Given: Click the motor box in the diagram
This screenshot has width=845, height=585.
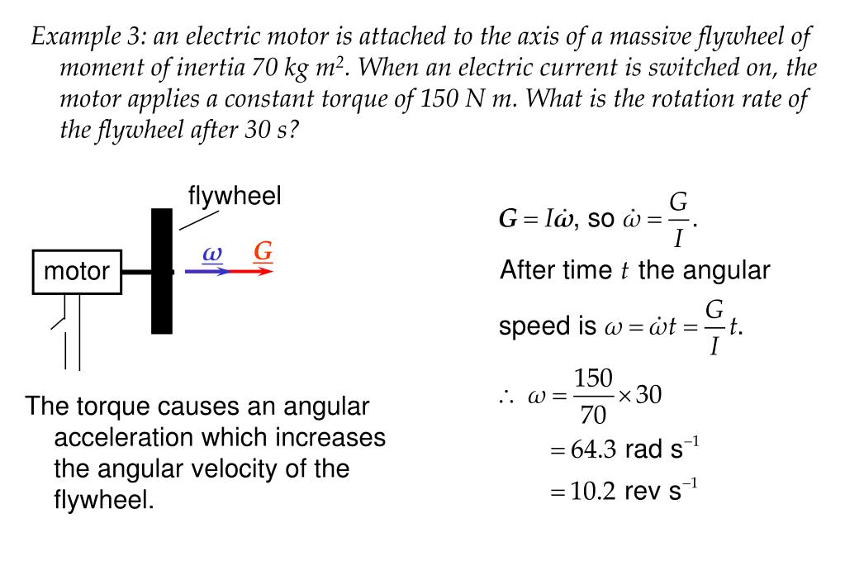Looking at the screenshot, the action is (77, 271).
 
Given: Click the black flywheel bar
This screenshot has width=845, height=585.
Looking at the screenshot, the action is (162, 271).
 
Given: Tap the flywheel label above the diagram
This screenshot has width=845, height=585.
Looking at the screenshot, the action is (235, 197).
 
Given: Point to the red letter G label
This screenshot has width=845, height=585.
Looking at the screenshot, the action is (263, 250).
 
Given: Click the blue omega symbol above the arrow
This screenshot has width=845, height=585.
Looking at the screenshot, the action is (213, 253).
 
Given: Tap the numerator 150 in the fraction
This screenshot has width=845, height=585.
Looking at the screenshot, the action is (593, 379).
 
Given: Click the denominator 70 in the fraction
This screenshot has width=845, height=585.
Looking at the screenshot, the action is (593, 413).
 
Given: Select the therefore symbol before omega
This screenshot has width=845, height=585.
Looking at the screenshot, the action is (506, 397).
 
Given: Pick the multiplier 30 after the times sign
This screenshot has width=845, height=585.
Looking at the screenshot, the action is (648, 395).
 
